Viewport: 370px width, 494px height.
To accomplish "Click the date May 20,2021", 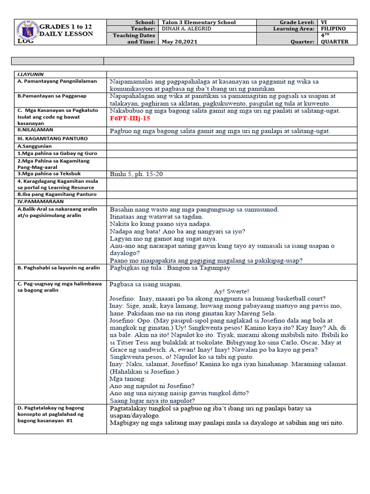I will pyautogui.click(x=180, y=41).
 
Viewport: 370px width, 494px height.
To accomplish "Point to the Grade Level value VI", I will pyautogui.click(x=324, y=22).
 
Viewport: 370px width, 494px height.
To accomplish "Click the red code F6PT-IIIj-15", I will pyautogui.click(x=130, y=118).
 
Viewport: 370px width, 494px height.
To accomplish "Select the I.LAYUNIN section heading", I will pyautogui.click(x=30, y=75).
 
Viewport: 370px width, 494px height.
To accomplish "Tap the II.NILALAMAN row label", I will pyautogui.click(x=35, y=130).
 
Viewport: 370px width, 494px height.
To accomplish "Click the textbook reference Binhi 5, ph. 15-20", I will pyautogui.click(x=136, y=174).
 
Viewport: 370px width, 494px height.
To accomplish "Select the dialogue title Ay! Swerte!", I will pyautogui.click(x=231, y=291).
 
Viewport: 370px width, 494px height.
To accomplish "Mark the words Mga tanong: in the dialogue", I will pyautogui.click(x=128, y=379).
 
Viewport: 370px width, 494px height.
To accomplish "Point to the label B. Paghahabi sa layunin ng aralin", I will pyautogui.click(x=58, y=267).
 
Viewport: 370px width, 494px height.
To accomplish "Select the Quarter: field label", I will pyautogui.click(x=303, y=41).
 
